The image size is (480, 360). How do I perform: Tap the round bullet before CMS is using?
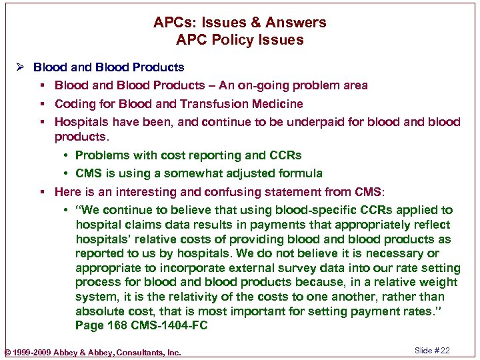click(x=67, y=173)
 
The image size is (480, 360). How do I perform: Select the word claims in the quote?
click(x=137, y=225)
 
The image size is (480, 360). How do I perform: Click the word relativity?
click(x=169, y=297)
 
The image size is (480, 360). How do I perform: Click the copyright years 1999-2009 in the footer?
click(x=33, y=352)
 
